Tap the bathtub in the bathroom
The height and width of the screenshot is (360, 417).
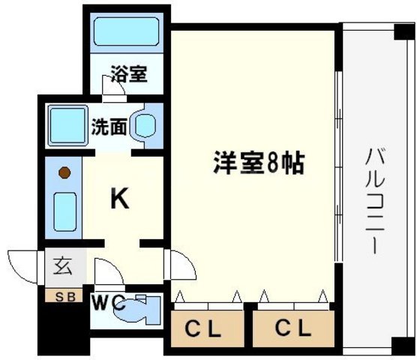pos(126,34)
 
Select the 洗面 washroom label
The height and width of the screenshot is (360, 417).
pos(109,125)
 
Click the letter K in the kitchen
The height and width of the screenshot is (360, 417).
pos(120,199)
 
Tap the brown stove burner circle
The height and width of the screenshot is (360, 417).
pos(65,172)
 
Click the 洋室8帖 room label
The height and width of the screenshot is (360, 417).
pos(259,163)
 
